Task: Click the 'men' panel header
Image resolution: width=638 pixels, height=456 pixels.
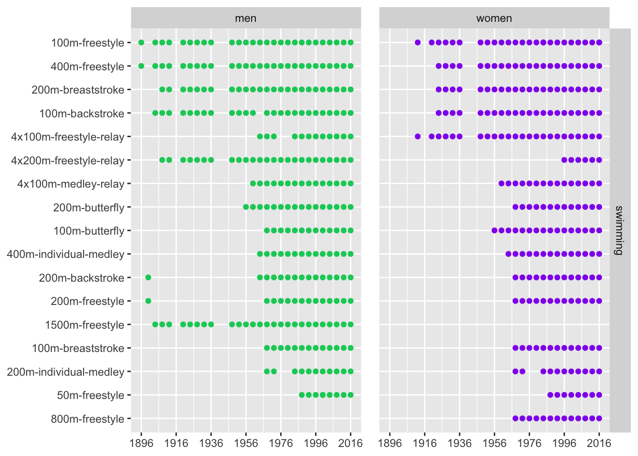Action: (245, 19)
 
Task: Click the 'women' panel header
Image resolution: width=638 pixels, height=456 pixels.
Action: (494, 19)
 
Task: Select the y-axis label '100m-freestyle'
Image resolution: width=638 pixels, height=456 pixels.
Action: (87, 43)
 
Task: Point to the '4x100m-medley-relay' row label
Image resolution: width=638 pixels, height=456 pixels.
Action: (70, 184)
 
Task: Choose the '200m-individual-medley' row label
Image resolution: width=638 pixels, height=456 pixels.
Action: (66, 372)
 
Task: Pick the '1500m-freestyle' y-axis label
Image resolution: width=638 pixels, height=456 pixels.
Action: (84, 325)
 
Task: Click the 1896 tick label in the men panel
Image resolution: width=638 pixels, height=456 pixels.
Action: (141, 444)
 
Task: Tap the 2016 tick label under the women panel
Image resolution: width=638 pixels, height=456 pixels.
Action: (599, 444)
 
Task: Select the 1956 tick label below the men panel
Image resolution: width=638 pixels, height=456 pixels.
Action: (246, 444)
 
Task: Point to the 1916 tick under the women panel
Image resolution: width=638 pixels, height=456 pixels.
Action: (424, 444)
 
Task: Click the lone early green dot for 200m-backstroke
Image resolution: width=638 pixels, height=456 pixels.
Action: (148, 277)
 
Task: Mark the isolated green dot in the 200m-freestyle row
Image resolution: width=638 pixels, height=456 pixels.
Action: (148, 301)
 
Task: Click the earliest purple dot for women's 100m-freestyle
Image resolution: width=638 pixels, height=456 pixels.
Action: (418, 42)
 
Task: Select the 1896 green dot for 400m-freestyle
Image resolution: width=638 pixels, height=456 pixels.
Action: (141, 66)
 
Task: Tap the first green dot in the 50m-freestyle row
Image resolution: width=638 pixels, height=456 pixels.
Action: (301, 395)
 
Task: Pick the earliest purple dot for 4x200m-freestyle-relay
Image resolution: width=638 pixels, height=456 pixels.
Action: (564, 160)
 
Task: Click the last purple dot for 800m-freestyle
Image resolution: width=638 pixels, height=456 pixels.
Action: (599, 418)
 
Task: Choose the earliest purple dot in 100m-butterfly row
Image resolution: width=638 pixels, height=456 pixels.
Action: (494, 230)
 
